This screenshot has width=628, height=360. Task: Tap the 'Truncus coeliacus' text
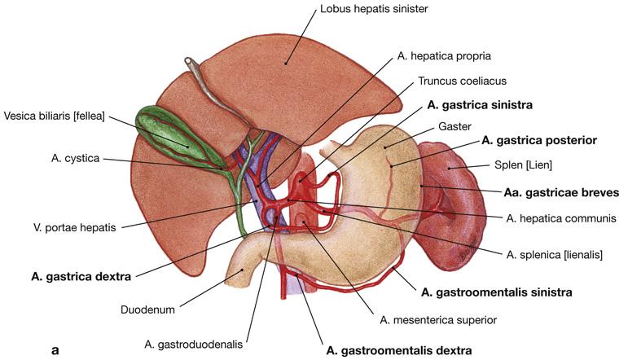click(461, 81)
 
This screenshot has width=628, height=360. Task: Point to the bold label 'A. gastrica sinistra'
click(480, 105)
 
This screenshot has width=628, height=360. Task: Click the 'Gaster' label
click(454, 127)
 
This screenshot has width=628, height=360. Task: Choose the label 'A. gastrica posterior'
click(539, 140)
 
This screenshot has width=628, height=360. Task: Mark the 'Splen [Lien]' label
click(525, 165)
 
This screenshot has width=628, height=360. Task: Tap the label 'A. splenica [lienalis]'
click(554, 255)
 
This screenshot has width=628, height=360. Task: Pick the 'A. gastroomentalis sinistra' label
click(496, 291)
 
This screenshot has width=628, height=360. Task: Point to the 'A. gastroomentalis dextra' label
click(398, 351)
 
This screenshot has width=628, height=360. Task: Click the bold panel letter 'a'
click(55, 350)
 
